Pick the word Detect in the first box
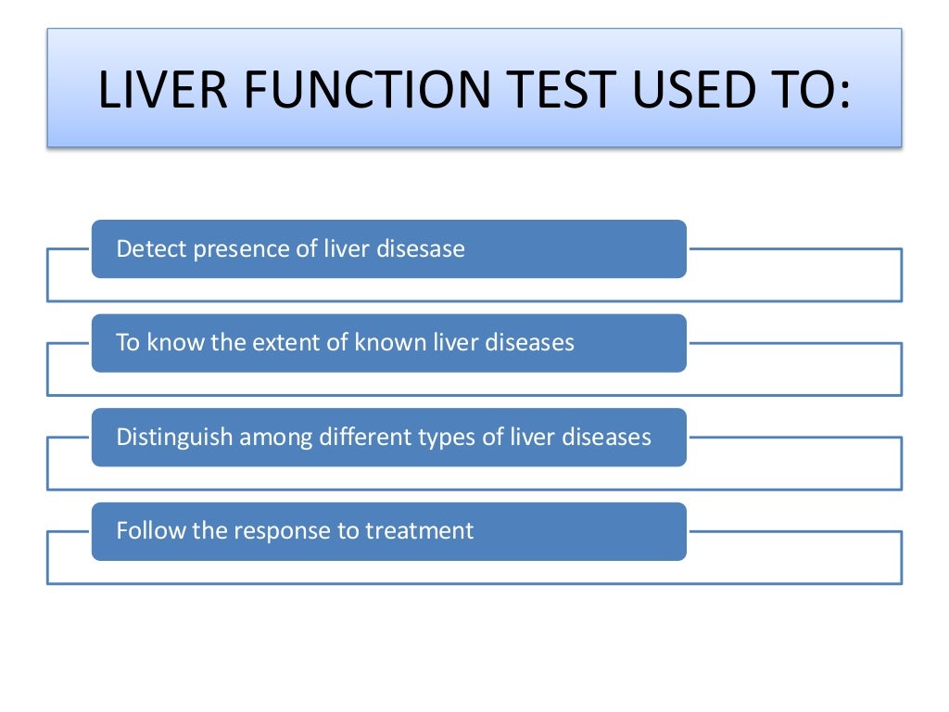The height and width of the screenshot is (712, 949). pyautogui.click(x=151, y=249)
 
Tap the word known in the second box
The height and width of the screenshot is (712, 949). pyautogui.click(x=392, y=343)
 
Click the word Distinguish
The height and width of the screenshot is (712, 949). pyautogui.click(x=174, y=438)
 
